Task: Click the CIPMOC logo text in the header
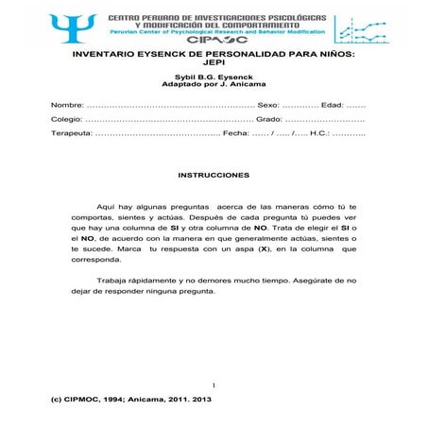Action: click(219, 42)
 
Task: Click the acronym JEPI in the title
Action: click(214, 67)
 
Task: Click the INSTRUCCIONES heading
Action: click(214, 176)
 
